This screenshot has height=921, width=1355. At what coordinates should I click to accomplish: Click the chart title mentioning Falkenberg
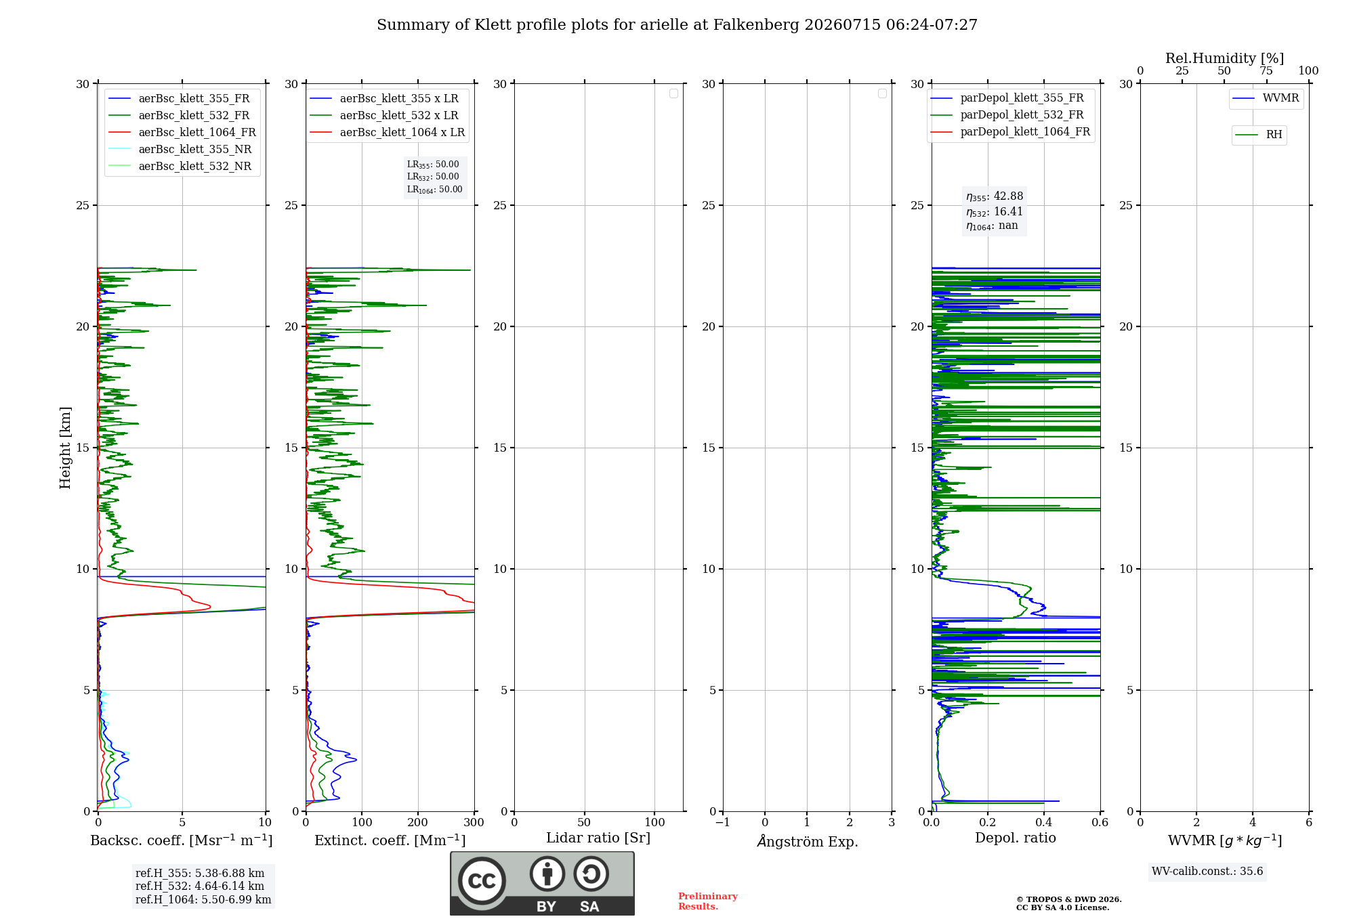pyautogui.click(x=677, y=25)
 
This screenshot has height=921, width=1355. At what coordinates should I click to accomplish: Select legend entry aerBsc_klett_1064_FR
pyautogui.click(x=182, y=132)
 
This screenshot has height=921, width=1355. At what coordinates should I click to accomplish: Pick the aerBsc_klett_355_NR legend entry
pyautogui.click(x=180, y=149)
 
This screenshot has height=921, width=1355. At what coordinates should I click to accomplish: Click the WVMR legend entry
pyautogui.click(x=1266, y=98)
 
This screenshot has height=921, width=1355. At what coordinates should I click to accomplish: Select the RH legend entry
pyautogui.click(x=1259, y=135)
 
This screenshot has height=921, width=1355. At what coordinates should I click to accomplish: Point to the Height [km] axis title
pyautogui.click(x=65, y=448)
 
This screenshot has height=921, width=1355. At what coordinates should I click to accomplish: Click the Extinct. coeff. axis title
pyautogui.click(x=390, y=840)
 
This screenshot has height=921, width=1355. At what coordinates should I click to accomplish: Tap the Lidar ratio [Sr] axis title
pyautogui.click(x=598, y=838)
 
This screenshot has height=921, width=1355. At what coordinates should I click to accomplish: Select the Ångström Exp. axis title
pyautogui.click(x=808, y=840)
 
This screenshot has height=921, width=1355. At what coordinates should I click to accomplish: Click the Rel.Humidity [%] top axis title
pyautogui.click(x=1225, y=58)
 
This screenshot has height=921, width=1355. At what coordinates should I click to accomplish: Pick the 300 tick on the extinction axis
pyautogui.click(x=474, y=822)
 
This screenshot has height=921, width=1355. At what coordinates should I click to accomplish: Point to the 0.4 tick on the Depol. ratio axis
pyautogui.click(x=1044, y=822)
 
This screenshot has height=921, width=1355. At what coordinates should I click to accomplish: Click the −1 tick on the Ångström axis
pyautogui.click(x=723, y=822)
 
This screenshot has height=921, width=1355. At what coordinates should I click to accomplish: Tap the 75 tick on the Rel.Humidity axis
pyautogui.click(x=1266, y=70)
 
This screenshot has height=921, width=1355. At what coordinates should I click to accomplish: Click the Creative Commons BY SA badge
pyautogui.click(x=542, y=883)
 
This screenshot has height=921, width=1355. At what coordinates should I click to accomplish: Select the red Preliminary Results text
pyautogui.click(x=708, y=901)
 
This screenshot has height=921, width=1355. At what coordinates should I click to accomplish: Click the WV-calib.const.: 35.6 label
pyautogui.click(x=1207, y=872)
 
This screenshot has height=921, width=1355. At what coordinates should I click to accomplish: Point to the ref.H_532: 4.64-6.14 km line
pyautogui.click(x=200, y=886)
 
